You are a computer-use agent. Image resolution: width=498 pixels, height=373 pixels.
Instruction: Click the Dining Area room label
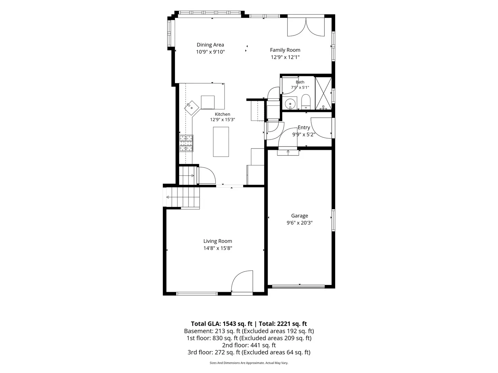[x=210, y=45]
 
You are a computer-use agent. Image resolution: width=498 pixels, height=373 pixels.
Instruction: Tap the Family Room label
[x=285, y=50]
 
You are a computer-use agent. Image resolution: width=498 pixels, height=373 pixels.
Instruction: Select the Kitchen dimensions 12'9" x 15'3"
[x=222, y=119]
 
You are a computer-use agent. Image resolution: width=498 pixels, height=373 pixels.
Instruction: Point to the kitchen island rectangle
[x=221, y=142]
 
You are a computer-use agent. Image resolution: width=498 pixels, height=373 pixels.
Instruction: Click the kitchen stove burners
[x=186, y=143]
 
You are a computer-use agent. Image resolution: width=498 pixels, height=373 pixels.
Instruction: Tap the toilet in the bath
[x=306, y=102]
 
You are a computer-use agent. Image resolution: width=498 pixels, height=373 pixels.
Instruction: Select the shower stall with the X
[x=323, y=93]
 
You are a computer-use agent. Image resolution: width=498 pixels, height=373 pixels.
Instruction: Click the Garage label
[x=299, y=216]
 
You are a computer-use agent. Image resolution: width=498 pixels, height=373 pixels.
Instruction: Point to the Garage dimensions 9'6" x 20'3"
[x=299, y=223]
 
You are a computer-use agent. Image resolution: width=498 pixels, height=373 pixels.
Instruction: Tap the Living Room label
[x=218, y=241]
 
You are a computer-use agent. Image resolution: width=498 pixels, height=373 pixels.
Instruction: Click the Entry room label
[x=304, y=127]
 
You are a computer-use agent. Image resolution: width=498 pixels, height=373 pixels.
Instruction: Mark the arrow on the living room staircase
[x=167, y=197]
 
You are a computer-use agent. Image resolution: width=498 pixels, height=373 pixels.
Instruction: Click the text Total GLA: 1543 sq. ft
[x=221, y=324]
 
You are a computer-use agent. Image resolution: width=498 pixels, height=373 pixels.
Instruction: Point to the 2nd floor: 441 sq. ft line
[x=249, y=345]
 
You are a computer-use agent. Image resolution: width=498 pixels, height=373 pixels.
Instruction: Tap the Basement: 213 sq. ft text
[x=212, y=331]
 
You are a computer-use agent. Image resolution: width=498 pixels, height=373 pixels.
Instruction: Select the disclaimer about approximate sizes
[x=249, y=363]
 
